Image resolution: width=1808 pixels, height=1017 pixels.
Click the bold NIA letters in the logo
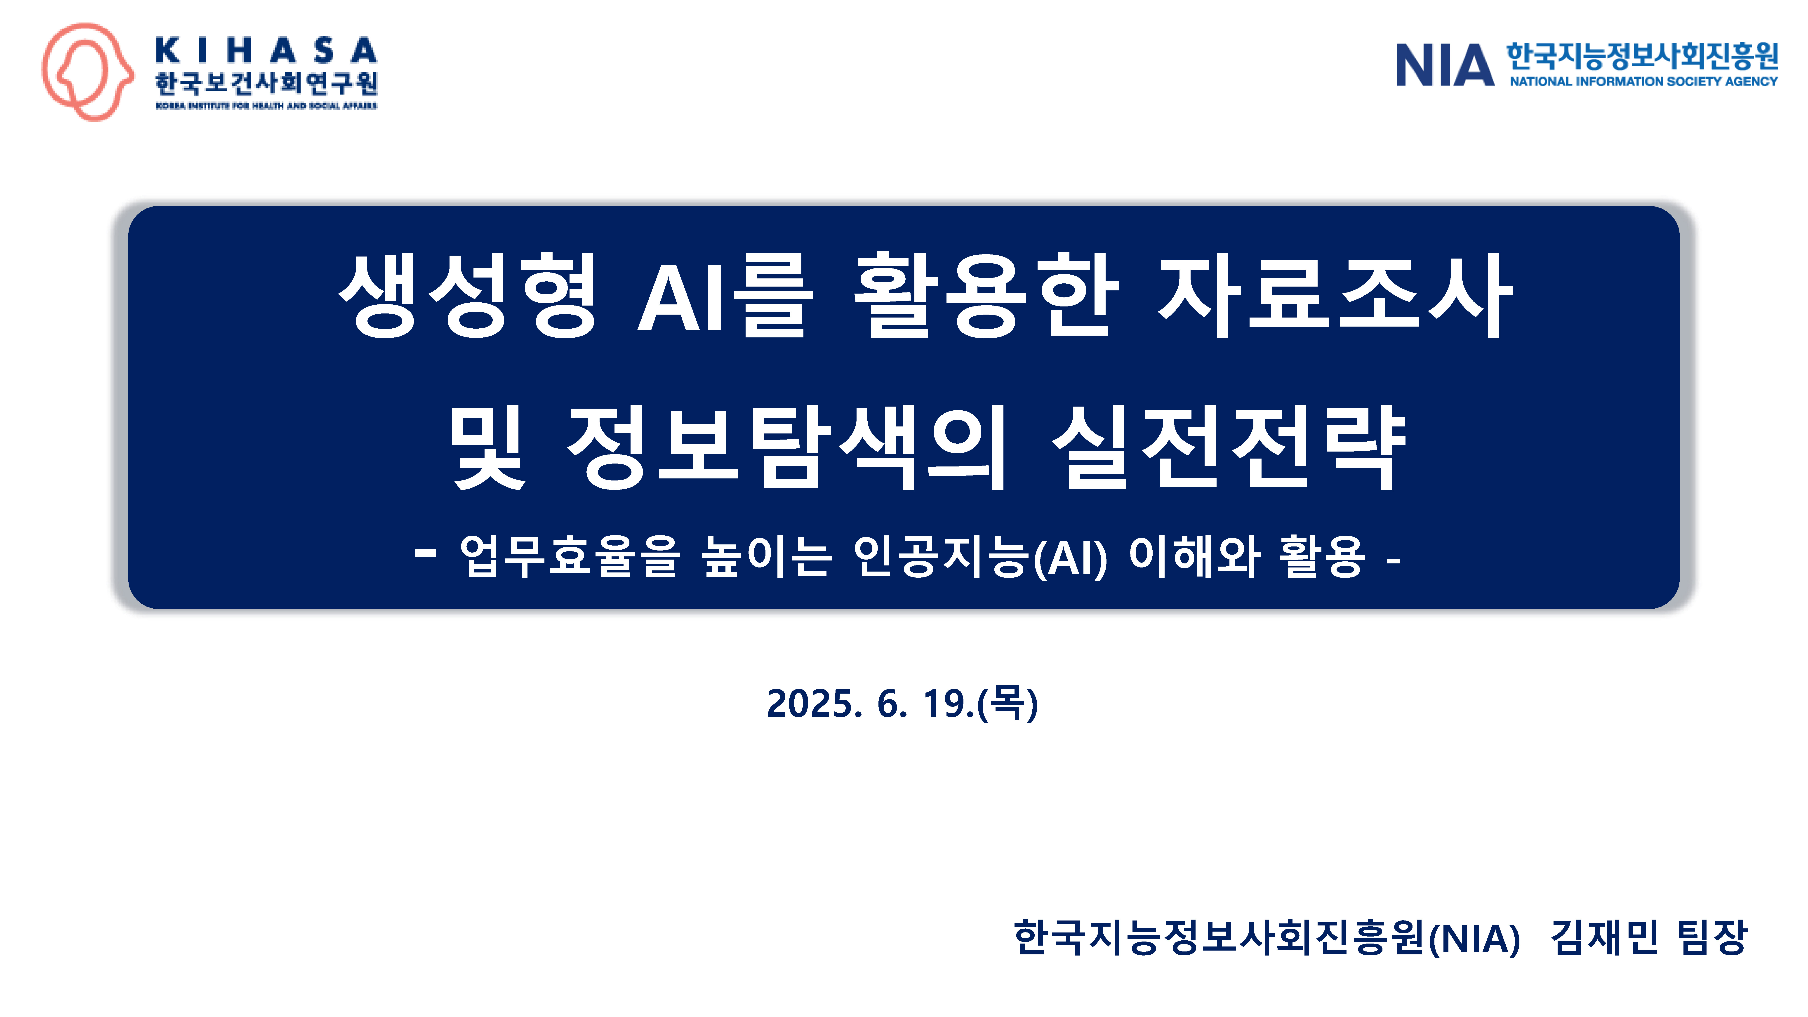(x=1444, y=65)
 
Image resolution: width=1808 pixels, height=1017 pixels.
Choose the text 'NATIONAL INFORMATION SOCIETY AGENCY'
(x=1643, y=81)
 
